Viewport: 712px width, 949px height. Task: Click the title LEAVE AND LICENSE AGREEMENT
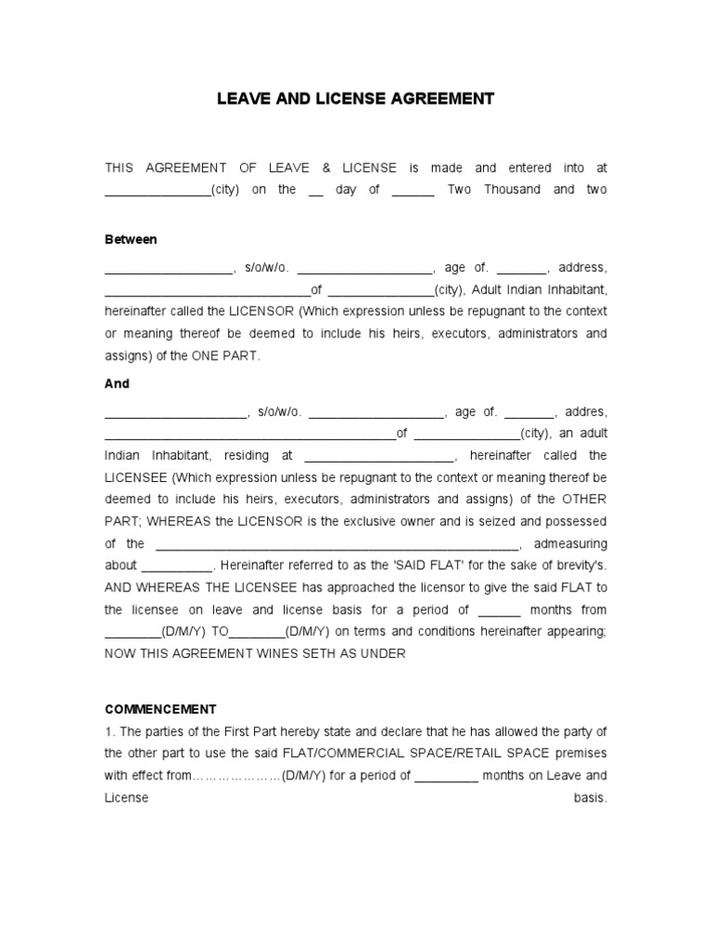point(356,98)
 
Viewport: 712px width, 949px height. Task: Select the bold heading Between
point(131,239)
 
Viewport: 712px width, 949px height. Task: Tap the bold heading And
point(117,384)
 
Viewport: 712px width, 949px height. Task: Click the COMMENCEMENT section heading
point(160,709)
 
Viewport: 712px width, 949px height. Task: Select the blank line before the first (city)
point(158,191)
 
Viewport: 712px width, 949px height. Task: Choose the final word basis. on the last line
point(591,798)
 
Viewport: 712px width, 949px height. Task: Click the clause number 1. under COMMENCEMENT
point(109,731)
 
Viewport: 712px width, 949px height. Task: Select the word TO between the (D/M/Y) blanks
point(220,631)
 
